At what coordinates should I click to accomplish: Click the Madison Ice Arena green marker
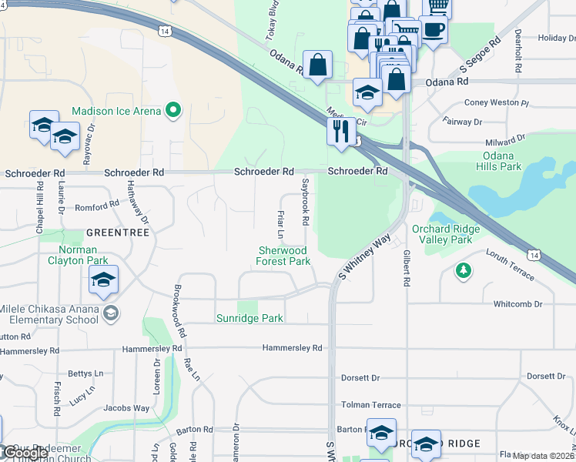click(x=173, y=111)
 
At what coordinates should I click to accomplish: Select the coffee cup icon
click(x=434, y=29)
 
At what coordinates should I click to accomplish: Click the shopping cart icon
click(x=437, y=6)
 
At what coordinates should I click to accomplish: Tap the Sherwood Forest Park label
click(x=283, y=256)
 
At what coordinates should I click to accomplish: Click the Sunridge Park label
click(x=249, y=318)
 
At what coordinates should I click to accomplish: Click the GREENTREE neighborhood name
click(x=113, y=232)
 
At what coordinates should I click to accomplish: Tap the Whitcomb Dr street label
click(x=523, y=304)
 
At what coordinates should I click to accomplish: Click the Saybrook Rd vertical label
click(x=306, y=203)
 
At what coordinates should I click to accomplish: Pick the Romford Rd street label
click(x=96, y=206)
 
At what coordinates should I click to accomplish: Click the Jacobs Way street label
click(x=126, y=408)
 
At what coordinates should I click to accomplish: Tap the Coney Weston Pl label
click(x=497, y=102)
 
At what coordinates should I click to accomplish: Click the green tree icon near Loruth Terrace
click(x=463, y=270)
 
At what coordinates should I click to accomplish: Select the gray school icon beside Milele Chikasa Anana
click(x=112, y=313)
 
